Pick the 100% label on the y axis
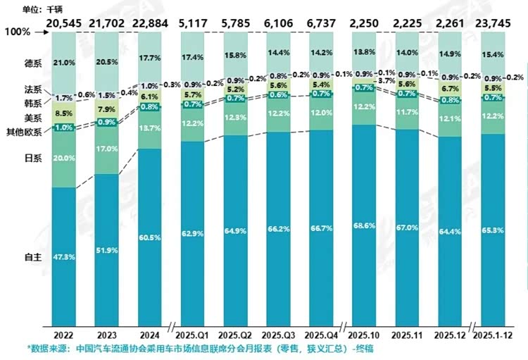pos(17,32)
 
